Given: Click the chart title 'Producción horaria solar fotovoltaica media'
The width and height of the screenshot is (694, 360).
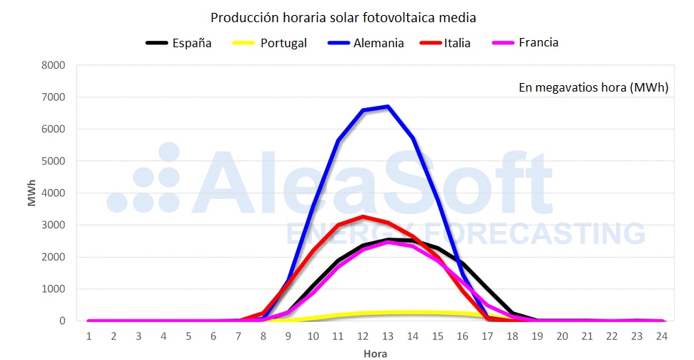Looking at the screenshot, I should click(343, 16).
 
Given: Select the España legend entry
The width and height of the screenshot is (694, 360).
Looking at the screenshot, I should click(179, 43).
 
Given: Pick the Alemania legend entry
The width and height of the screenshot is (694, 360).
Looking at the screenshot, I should click(366, 43).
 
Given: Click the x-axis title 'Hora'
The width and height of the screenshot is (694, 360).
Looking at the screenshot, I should click(374, 352).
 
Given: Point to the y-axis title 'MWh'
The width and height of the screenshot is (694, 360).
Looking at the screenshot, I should click(31, 193).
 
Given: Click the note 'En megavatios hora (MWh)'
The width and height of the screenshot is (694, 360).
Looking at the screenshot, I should click(593, 87).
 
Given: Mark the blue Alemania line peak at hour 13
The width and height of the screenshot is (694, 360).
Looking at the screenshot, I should click(387, 107).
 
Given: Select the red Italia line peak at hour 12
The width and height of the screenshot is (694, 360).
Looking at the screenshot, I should click(363, 216).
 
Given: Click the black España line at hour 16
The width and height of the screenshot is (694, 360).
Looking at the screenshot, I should click(462, 263).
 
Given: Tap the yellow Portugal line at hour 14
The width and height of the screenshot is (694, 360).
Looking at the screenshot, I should click(412, 313).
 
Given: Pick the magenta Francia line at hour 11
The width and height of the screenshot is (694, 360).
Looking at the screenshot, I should click(338, 267).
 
